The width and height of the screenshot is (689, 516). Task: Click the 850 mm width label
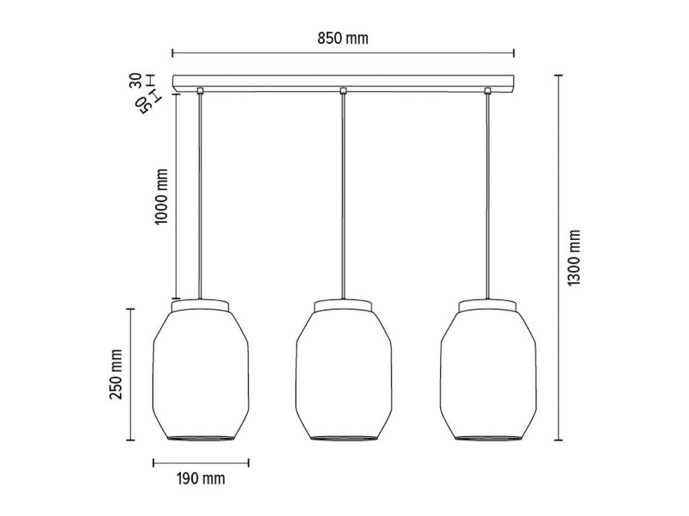pyautogui.click(x=342, y=38)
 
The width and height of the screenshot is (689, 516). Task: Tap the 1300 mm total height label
pyautogui.click(x=574, y=258)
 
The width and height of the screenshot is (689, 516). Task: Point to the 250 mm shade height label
pyautogui.click(x=116, y=374)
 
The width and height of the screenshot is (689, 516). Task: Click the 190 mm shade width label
pyautogui.click(x=201, y=478)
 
